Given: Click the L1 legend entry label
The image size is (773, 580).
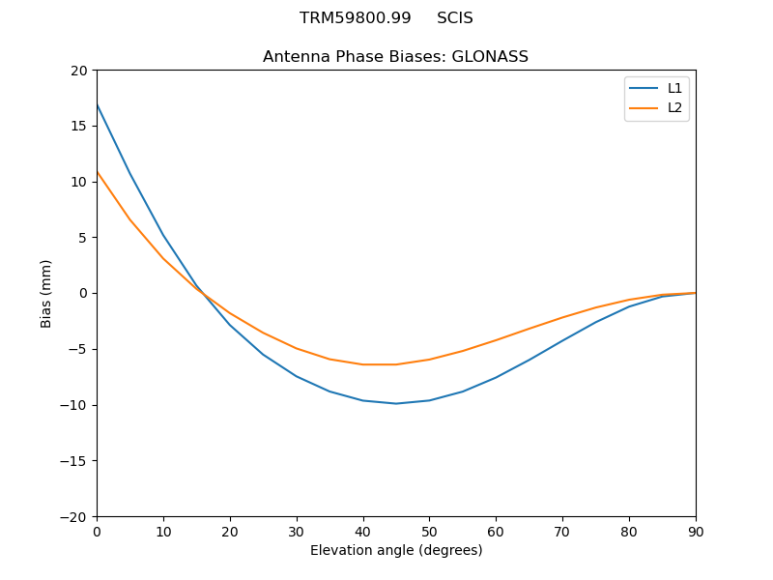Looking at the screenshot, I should tap(674, 88).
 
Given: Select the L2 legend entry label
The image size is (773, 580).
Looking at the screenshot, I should tap(674, 107).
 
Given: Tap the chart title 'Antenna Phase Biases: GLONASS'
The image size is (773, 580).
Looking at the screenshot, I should tap(395, 57).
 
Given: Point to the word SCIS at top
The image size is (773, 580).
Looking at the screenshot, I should tap(455, 18).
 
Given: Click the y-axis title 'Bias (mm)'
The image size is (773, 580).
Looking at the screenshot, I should tap(46, 293).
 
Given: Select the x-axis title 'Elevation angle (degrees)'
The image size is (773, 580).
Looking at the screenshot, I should tap(395, 551).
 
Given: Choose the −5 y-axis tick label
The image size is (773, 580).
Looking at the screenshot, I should tap(76, 349).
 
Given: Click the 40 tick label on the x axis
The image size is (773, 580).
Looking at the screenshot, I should tap(362, 531).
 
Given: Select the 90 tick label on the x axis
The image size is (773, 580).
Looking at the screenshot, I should tap(695, 531).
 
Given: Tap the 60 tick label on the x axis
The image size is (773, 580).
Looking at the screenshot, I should tap(496, 531).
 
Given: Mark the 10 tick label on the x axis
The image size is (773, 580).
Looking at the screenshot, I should tap(163, 531).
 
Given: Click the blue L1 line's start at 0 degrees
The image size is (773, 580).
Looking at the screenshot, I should tap(97, 103).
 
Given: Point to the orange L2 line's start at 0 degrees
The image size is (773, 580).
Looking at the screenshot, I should tap(97, 171).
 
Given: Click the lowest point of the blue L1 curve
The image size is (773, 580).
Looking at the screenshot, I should tap(396, 403).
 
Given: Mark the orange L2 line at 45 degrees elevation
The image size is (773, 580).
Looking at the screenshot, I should tap(396, 364).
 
